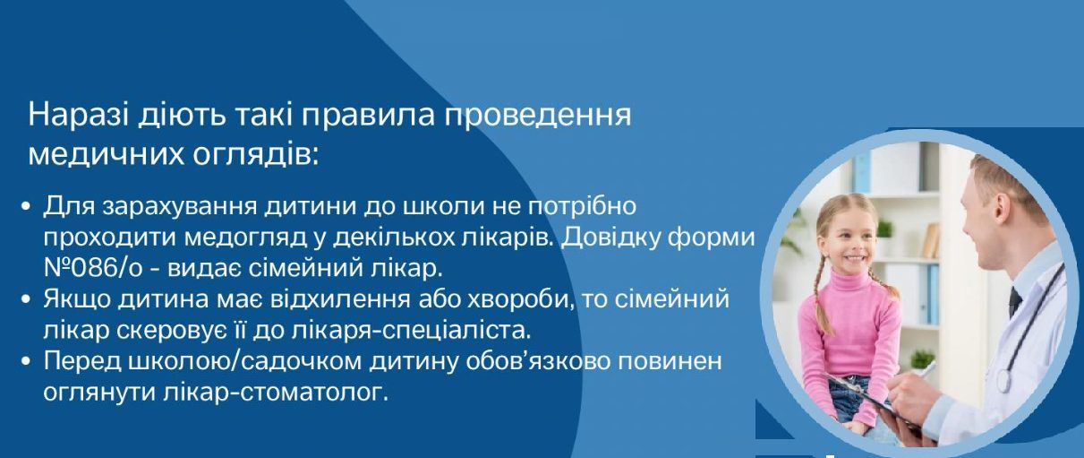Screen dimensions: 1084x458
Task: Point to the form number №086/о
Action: (93, 269)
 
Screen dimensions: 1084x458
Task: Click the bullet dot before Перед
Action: (27, 361)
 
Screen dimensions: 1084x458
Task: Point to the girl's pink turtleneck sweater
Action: (850, 330)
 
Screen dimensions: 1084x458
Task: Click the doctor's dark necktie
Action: (1014, 300)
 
